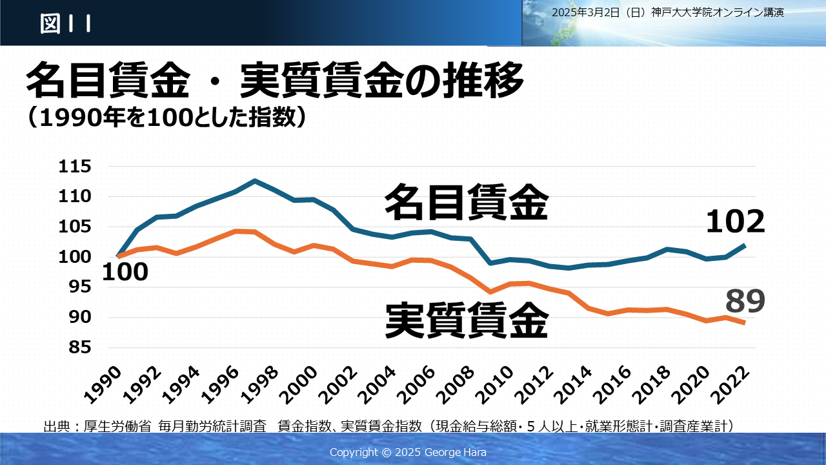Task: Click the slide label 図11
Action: click(65, 24)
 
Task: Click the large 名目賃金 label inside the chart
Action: click(466, 203)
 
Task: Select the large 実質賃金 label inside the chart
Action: click(467, 320)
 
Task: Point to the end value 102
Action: click(735, 223)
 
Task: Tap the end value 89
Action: click(745, 302)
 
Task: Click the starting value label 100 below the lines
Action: click(125, 273)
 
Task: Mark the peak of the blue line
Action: click(255, 181)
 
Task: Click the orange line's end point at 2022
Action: click(745, 322)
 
